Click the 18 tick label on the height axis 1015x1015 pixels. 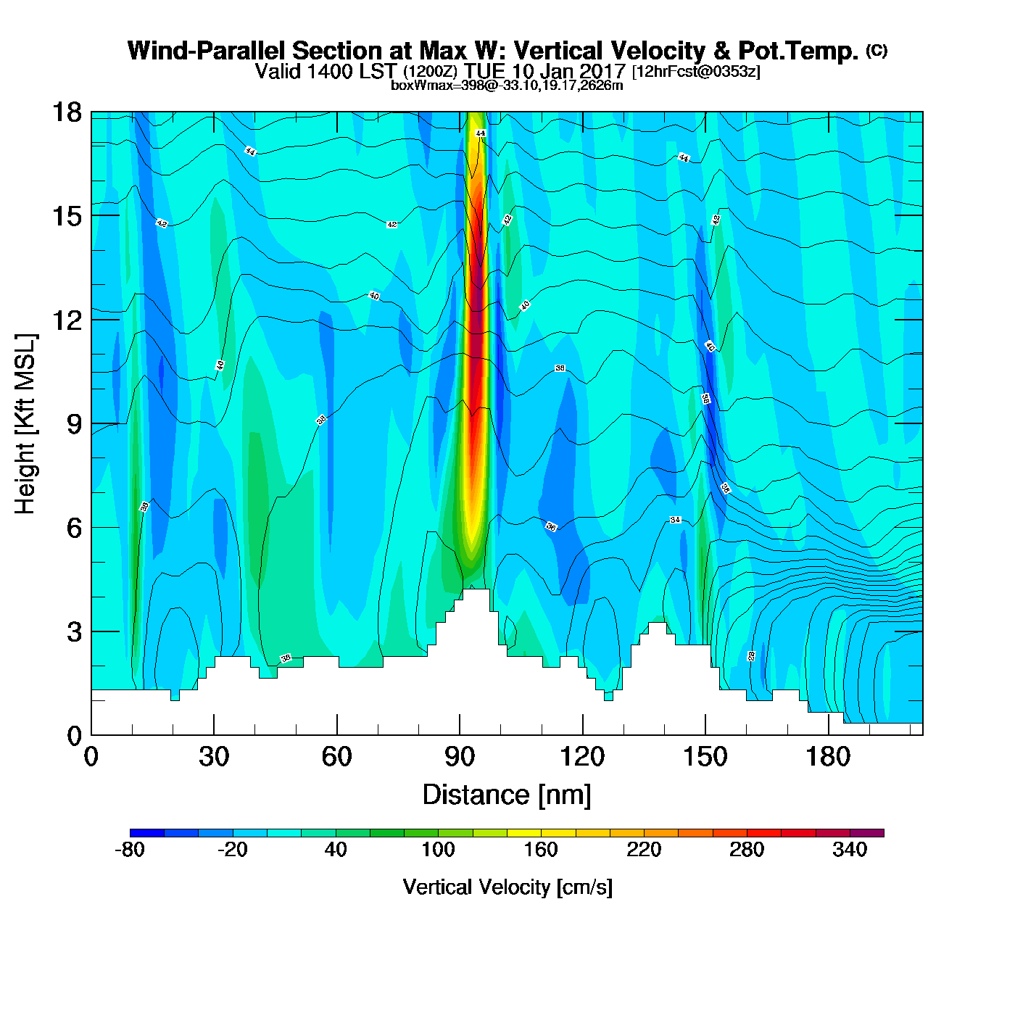point(66,112)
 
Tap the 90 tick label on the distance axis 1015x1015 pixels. point(460,757)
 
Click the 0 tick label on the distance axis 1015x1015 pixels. point(91,757)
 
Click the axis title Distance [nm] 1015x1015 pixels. point(507,795)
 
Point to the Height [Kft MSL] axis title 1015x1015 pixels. point(25,424)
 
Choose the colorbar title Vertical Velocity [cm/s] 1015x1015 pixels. point(507,887)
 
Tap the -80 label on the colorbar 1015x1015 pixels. point(130,850)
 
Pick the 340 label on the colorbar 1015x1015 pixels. point(850,850)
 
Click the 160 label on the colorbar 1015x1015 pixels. point(541,850)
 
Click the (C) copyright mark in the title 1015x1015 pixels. point(877,50)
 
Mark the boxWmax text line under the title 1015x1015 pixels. point(507,86)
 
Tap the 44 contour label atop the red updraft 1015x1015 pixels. point(481,133)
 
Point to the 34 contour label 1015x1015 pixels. point(675,520)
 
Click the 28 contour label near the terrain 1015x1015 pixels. point(752,655)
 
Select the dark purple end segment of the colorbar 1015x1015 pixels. point(866,833)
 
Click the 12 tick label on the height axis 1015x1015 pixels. point(66,320)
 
